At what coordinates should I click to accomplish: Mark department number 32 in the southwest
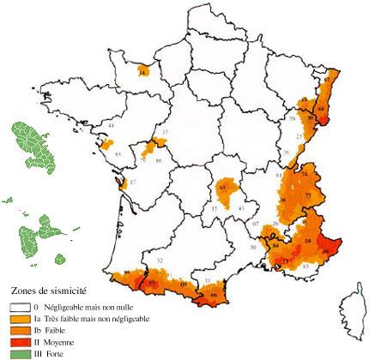pyautogui.click(x=159, y=260)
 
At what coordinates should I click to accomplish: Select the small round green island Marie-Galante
pyautogui.click(x=70, y=233)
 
